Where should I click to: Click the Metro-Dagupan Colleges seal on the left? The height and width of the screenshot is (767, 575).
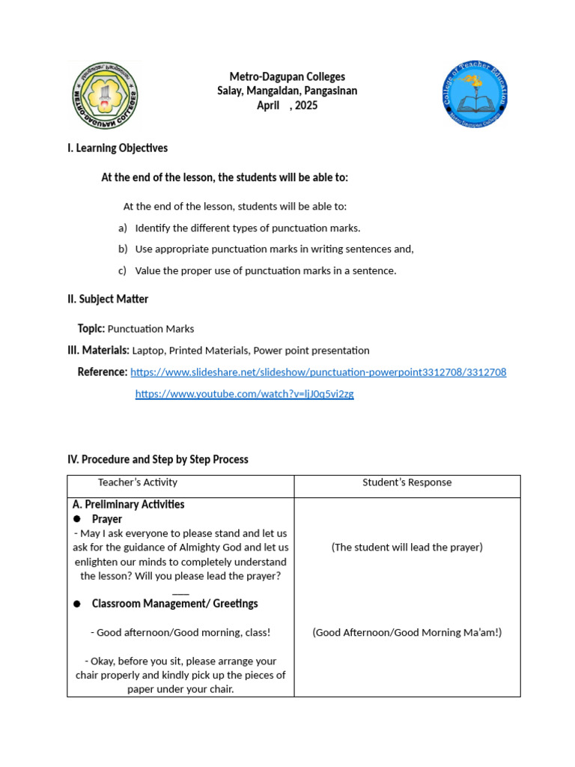tap(105, 95)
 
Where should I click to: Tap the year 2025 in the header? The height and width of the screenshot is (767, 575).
tap(306, 106)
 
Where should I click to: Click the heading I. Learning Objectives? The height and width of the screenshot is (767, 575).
tap(118, 148)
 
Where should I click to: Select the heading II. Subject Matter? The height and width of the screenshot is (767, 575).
tap(108, 299)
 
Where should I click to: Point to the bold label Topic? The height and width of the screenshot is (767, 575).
tap(91, 329)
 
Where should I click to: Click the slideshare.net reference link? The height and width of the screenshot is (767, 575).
tap(318, 372)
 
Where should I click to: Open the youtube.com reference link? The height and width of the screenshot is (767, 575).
tap(244, 394)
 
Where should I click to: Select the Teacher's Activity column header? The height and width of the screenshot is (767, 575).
tap(138, 482)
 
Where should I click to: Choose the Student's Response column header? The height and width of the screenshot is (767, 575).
tap(407, 482)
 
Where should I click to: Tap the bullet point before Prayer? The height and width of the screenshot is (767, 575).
tap(77, 519)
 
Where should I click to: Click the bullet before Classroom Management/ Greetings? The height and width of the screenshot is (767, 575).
tap(77, 604)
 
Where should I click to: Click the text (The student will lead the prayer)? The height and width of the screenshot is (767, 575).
tap(407, 548)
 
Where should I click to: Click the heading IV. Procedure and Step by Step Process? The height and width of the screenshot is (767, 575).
tap(158, 459)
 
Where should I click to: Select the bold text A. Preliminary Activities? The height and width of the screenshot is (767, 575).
tap(129, 505)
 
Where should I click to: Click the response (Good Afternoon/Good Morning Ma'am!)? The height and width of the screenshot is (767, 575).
tap(407, 632)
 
